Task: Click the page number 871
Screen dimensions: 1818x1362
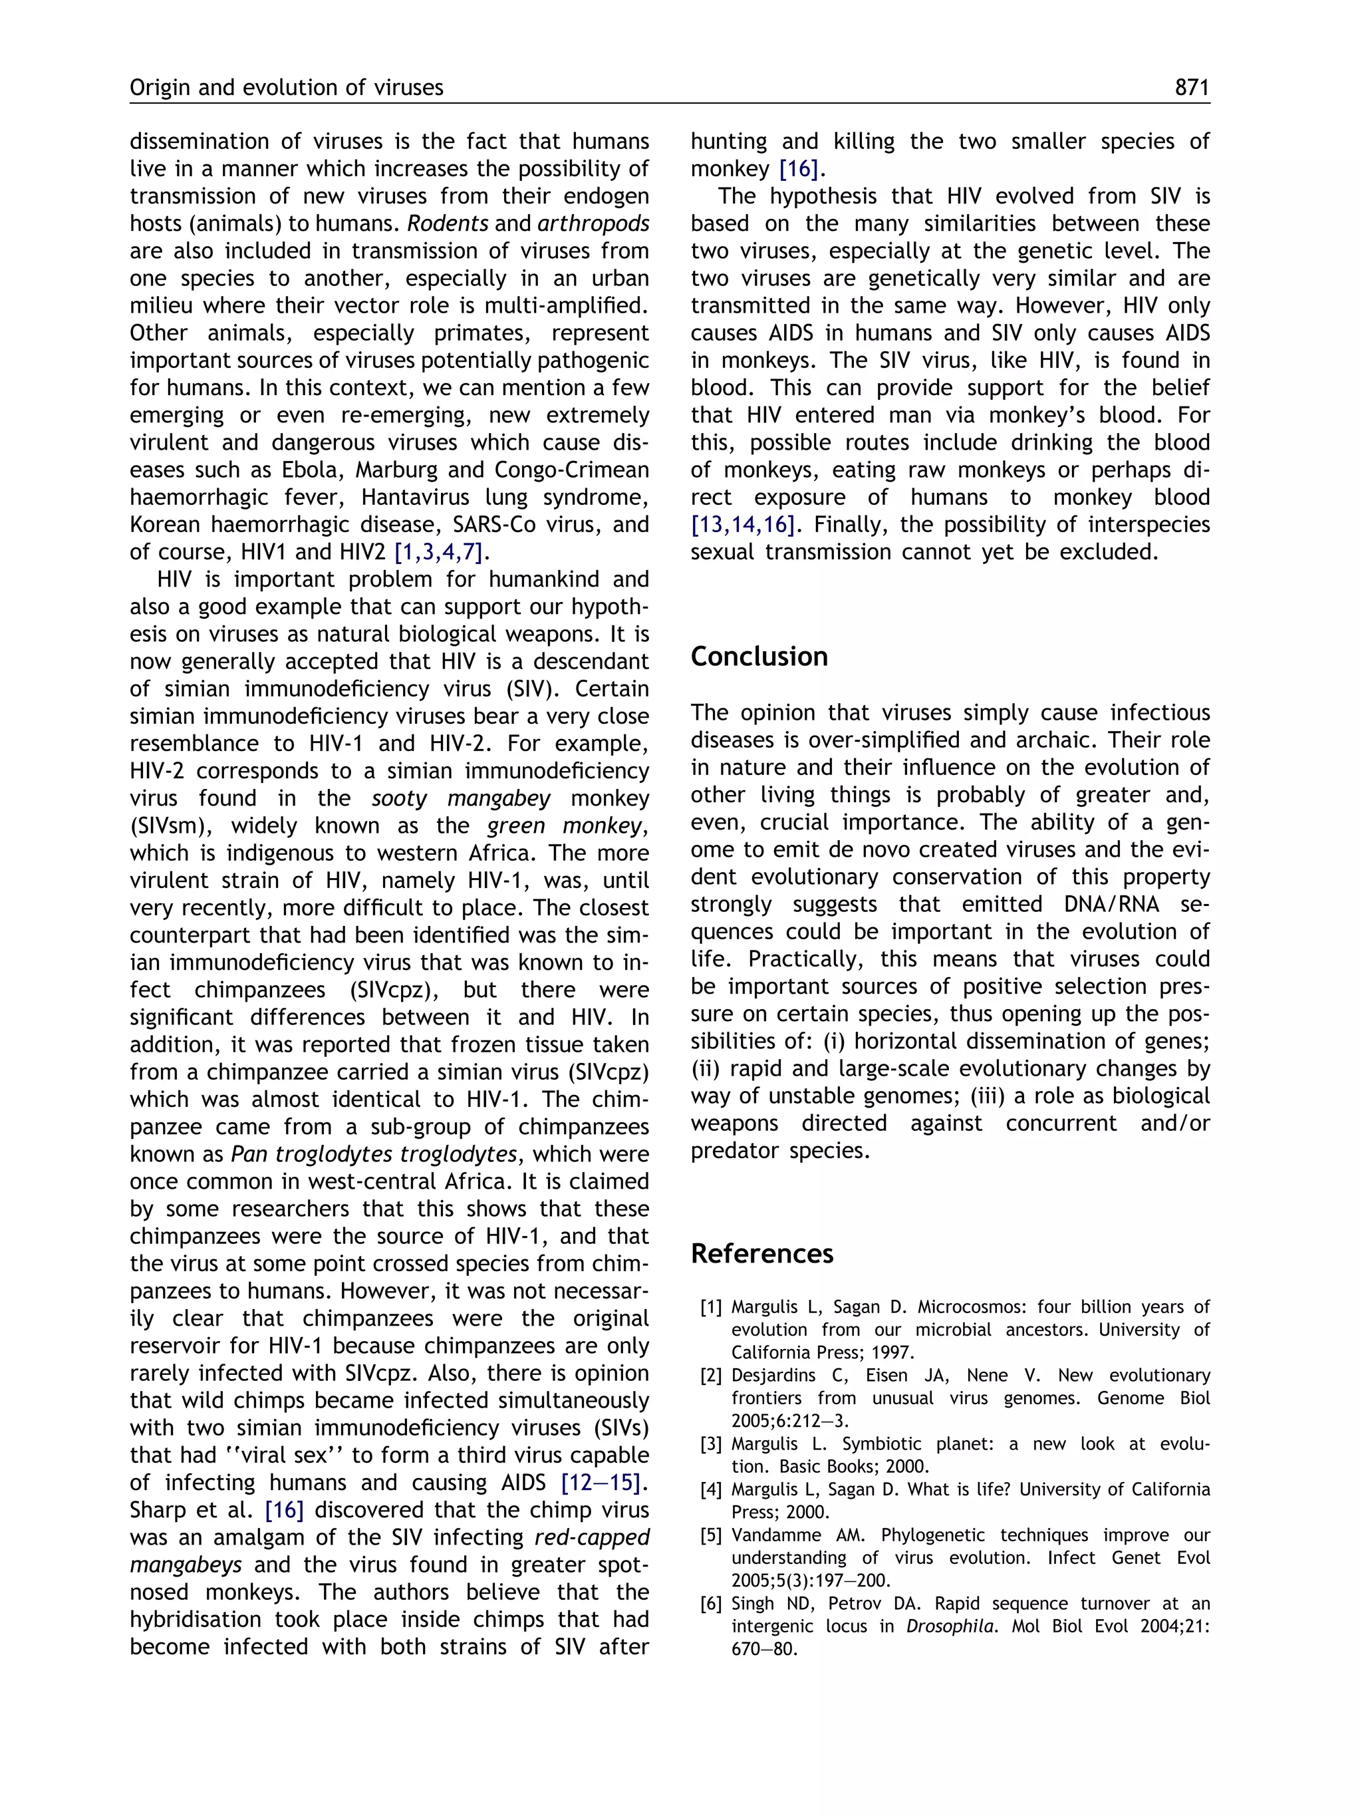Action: [1192, 87]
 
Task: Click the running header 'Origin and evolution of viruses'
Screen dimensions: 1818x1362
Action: [286, 87]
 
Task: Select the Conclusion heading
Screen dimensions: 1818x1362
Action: [758, 657]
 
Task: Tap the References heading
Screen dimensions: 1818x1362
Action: [761, 1253]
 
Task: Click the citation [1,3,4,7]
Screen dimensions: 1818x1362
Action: [440, 552]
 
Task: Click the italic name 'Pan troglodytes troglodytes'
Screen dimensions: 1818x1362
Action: [374, 1154]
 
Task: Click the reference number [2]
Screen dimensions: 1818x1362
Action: [712, 1376]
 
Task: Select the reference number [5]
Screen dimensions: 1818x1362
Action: [712, 1535]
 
